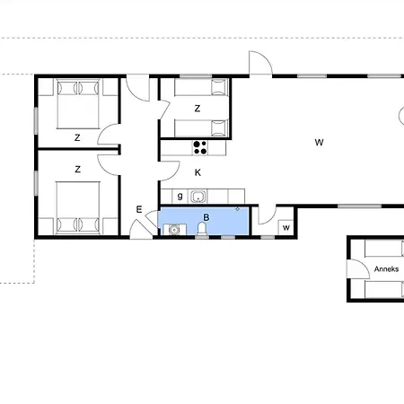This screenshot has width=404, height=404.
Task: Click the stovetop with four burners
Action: tap(200, 148)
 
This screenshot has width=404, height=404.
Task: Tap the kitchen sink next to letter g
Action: tap(198, 197)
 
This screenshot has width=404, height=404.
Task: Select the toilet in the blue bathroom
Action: tap(202, 229)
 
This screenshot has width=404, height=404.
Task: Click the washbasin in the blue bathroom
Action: tap(174, 230)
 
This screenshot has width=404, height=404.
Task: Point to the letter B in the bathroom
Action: tap(206, 217)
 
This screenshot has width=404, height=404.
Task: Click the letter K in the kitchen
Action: tap(198, 172)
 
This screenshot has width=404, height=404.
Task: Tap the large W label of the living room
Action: tap(319, 143)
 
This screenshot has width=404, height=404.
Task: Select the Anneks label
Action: tap(386, 269)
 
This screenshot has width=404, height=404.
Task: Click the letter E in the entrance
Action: tap(139, 209)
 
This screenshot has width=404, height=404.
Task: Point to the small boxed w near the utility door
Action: tap(286, 228)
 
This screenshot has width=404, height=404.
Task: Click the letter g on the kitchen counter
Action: tap(180, 197)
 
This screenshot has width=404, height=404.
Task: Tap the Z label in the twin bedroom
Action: tap(198, 109)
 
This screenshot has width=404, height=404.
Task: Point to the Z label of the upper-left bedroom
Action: tap(77, 137)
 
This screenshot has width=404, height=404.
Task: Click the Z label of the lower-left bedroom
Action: tap(77, 170)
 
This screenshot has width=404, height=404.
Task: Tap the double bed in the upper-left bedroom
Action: tap(78, 103)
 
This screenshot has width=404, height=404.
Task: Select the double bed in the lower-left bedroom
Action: tap(78, 207)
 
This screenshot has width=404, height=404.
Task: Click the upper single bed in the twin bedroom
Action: tap(202, 87)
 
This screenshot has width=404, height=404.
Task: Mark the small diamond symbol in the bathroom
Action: tap(237, 209)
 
